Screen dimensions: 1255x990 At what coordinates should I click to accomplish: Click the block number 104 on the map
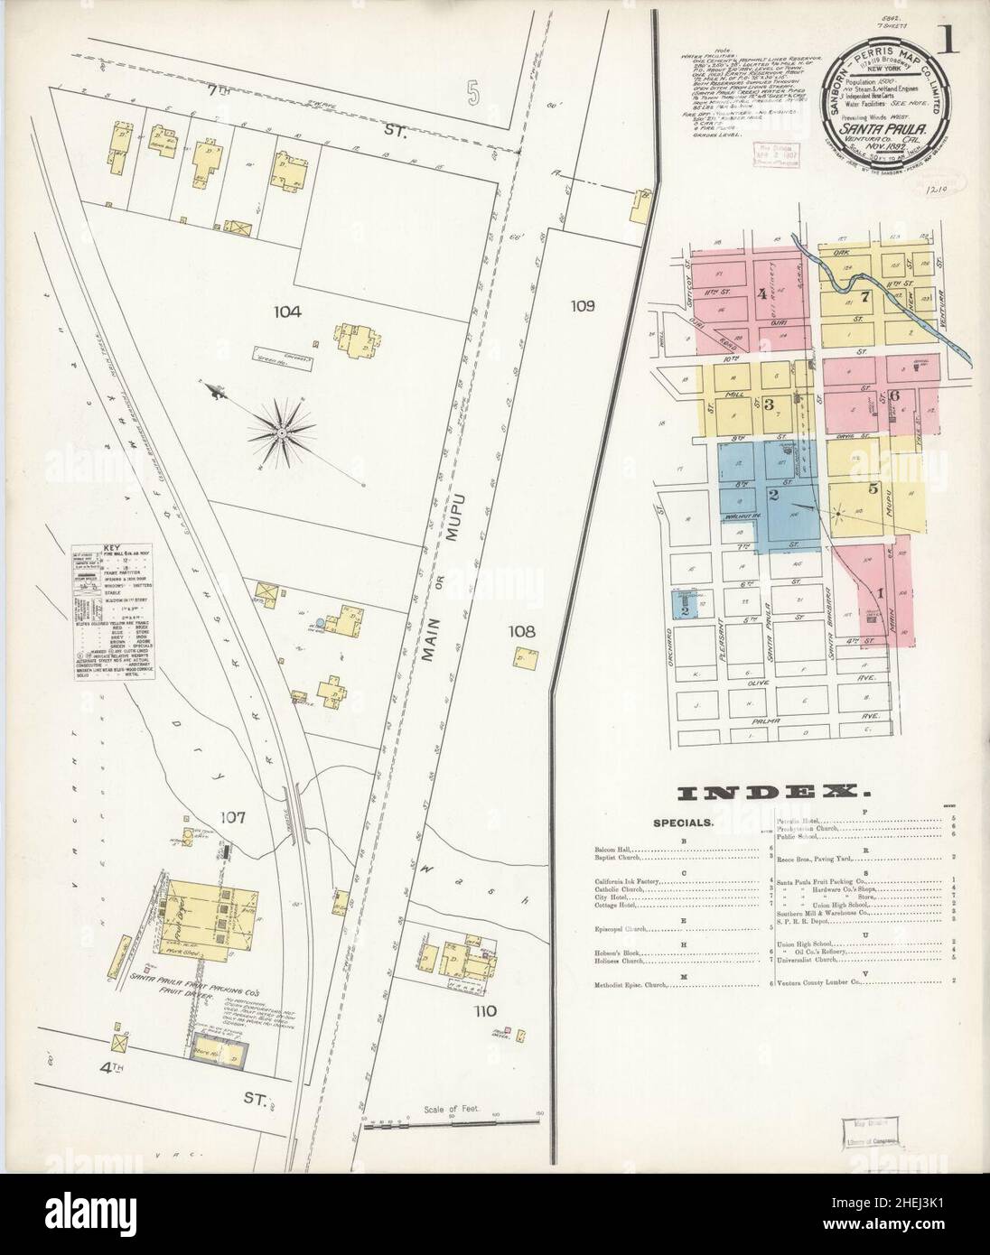coord(288,311)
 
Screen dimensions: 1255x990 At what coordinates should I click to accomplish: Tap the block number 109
coord(583,306)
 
